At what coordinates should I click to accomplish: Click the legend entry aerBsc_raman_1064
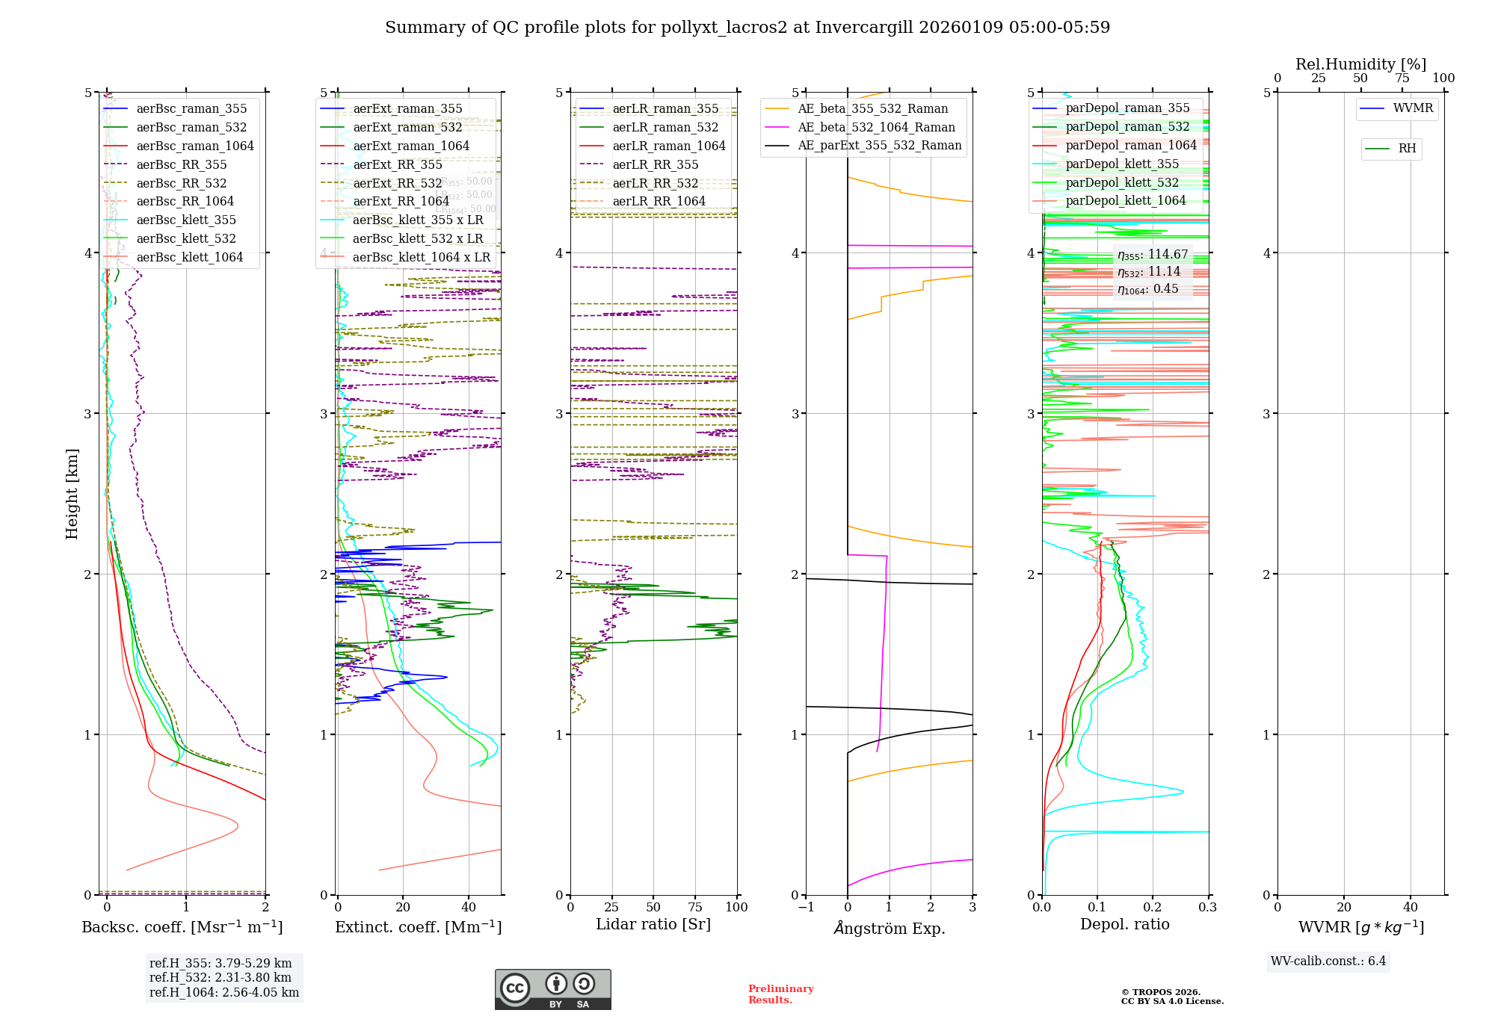click(195, 146)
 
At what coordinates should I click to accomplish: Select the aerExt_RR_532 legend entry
click(397, 184)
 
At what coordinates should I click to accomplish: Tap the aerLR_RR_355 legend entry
click(655, 165)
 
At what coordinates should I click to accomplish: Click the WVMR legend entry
click(1413, 108)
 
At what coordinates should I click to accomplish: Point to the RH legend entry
click(1407, 149)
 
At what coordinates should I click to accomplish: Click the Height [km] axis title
click(72, 494)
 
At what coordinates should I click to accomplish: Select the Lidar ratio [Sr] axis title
click(653, 925)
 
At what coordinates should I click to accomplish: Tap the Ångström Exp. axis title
click(890, 929)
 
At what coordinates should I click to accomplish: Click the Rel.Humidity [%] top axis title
click(1360, 64)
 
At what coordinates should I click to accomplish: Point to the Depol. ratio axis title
click(1124, 925)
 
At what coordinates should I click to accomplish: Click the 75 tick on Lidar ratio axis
click(695, 908)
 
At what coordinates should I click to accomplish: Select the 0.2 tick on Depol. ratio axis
click(1153, 908)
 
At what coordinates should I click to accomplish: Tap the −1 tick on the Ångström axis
click(806, 908)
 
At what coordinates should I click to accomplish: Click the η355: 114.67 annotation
click(1152, 255)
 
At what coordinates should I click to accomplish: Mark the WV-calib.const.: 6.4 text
click(1328, 961)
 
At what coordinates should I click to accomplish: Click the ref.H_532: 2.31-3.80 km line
click(220, 978)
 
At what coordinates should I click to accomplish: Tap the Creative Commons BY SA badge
click(552, 990)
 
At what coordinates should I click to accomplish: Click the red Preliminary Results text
click(780, 994)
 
